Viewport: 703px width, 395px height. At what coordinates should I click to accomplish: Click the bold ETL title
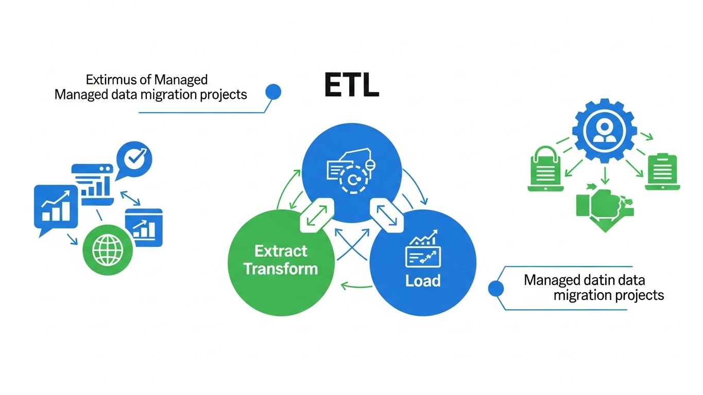[352, 86]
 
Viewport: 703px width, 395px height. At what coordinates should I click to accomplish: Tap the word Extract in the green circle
[281, 252]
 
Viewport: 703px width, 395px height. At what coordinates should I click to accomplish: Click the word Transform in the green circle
[281, 268]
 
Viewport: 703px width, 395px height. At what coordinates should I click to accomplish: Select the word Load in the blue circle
[423, 281]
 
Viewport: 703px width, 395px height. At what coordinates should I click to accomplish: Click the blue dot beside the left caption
[273, 92]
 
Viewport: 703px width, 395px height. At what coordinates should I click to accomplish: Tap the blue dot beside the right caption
[496, 289]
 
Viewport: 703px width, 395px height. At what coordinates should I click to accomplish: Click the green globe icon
[108, 249]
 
